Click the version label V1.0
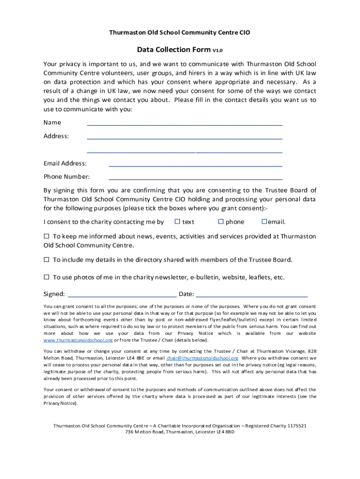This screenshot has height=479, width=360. (x=217, y=51)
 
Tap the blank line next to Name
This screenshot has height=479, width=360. (x=184, y=124)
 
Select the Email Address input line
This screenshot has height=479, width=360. (x=195, y=165)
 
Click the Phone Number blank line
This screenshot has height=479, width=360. (x=195, y=178)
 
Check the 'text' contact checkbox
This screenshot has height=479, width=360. (x=177, y=221)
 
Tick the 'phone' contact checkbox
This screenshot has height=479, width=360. (x=221, y=221)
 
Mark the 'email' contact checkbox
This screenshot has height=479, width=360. (x=264, y=221)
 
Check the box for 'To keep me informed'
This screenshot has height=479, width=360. (x=46, y=236)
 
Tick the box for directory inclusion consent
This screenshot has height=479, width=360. (x=46, y=259)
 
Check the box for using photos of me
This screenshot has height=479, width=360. (x=46, y=277)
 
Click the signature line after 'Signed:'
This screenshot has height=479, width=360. (x=122, y=295)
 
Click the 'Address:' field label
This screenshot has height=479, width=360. (x=56, y=136)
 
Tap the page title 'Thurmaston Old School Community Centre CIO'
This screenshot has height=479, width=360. (x=180, y=33)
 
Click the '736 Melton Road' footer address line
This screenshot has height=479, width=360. (x=180, y=432)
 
